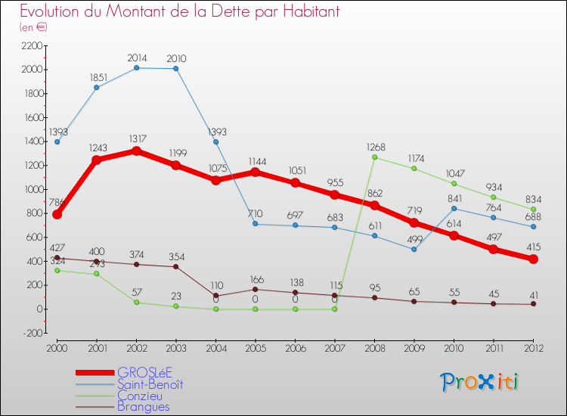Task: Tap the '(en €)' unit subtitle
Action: click(33, 27)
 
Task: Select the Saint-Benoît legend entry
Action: click(150, 383)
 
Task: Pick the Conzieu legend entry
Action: click(140, 395)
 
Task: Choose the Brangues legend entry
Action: click(144, 406)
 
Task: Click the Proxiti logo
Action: click(480, 382)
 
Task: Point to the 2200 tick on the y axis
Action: click(33, 45)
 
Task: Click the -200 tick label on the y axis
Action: click(33, 333)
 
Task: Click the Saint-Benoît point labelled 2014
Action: click(136, 68)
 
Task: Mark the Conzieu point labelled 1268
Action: click(375, 157)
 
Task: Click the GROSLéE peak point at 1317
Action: click(136, 151)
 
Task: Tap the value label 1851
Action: click(96, 76)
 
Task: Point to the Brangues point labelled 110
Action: click(216, 296)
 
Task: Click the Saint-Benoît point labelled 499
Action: click(414, 249)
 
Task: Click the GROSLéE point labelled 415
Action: click(534, 259)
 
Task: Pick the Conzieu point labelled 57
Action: click(136, 302)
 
